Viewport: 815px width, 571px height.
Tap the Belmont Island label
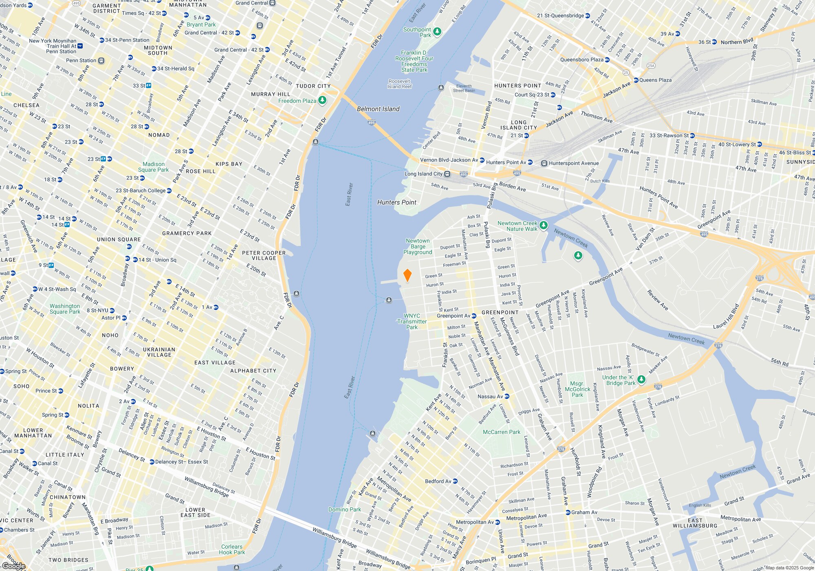378,109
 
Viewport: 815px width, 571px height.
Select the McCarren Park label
501,432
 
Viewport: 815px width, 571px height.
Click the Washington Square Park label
65,309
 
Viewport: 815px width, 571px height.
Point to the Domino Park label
345,509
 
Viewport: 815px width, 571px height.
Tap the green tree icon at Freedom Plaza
322,100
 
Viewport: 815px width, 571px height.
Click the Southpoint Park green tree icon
437,31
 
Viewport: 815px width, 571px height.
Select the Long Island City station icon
447,174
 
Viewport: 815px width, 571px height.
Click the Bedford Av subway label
438,481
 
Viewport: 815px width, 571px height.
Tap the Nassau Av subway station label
490,396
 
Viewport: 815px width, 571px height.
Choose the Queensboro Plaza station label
582,60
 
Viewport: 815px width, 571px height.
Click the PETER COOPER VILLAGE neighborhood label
264,255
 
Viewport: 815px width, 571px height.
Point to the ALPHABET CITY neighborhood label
253,371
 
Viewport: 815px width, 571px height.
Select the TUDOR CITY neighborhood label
313,86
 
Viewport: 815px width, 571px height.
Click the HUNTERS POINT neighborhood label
518,86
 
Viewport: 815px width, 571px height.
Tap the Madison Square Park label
153,167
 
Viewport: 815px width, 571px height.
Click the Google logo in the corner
13,566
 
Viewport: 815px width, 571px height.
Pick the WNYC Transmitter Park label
412,321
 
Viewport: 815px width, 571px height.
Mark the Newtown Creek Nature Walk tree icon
543,225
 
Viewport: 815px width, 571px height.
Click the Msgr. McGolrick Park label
577,389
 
